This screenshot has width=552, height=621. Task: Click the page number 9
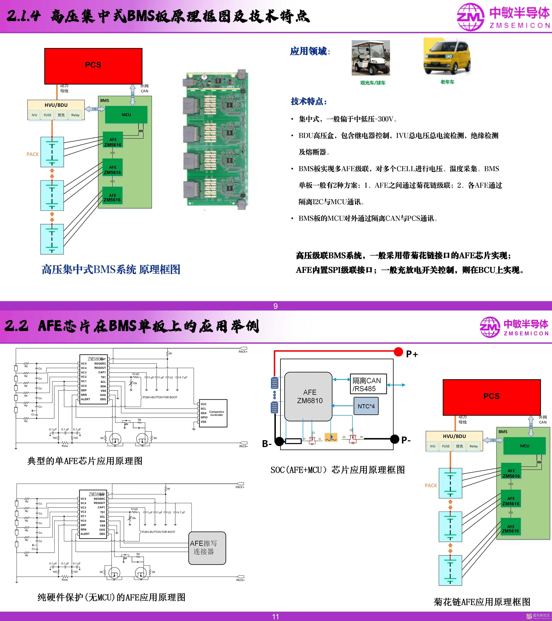(276, 306)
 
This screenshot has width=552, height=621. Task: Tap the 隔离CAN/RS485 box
(368, 384)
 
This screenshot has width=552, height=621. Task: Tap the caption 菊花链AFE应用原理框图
(482, 602)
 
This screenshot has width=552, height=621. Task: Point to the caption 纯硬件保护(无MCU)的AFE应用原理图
(111, 597)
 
